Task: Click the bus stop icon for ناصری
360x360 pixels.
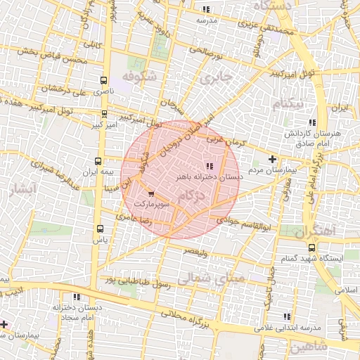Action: pyautogui.click(x=104, y=80)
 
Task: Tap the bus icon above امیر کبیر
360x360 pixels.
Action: pyautogui.click(x=104, y=113)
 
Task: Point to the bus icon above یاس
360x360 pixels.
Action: pyautogui.click(x=99, y=229)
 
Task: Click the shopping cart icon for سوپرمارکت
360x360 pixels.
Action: pyautogui.click(x=151, y=193)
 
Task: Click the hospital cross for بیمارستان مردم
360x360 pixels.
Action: pyautogui.click(x=273, y=160)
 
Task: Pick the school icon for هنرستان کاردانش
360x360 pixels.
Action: pyautogui.click(x=312, y=122)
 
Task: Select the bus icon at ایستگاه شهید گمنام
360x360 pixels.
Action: pyautogui.click(x=313, y=247)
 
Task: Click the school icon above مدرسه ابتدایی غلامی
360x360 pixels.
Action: pyautogui.click(x=285, y=317)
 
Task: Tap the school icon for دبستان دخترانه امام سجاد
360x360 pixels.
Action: pyautogui.click(x=77, y=297)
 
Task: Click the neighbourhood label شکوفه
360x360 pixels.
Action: pyautogui.click(x=137, y=76)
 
